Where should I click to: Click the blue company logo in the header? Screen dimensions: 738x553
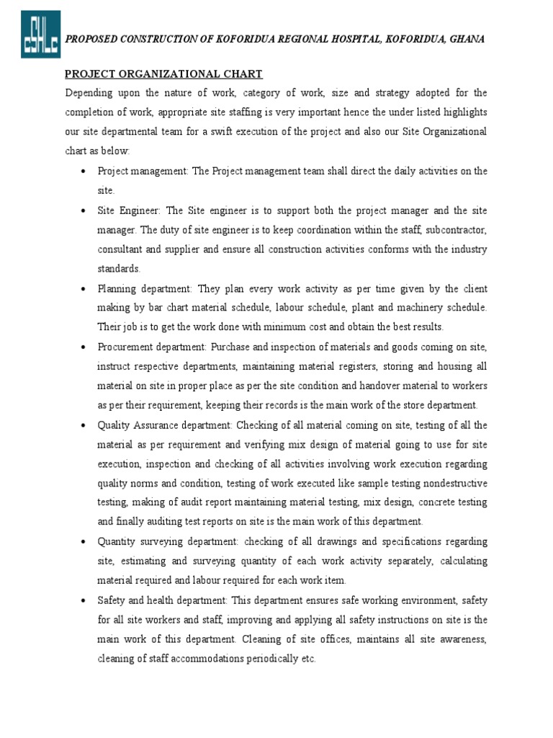(40, 34)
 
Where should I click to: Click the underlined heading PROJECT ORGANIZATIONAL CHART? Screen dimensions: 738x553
(163, 74)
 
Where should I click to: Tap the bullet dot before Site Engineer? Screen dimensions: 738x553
(84, 210)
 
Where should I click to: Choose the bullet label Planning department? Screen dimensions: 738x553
(143, 288)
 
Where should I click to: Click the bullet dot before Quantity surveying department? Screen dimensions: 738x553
(84, 541)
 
